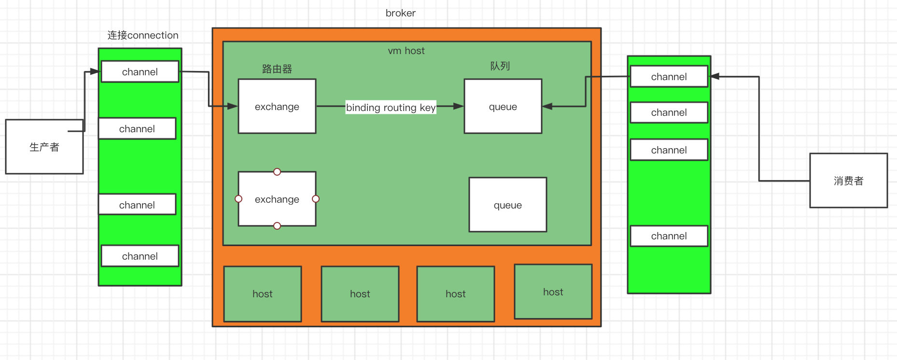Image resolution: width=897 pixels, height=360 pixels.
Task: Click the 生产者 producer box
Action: tap(44, 147)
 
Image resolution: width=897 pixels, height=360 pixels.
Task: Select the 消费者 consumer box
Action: tap(848, 180)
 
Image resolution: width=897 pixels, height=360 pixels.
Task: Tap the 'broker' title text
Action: tap(400, 13)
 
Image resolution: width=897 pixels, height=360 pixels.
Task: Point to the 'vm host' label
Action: tap(406, 51)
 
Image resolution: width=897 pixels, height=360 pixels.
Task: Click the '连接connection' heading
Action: tap(143, 35)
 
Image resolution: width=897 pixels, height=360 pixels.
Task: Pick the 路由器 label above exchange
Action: tap(277, 69)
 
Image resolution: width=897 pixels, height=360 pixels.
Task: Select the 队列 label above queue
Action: tap(500, 66)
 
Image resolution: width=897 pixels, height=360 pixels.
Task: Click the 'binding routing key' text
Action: tap(391, 107)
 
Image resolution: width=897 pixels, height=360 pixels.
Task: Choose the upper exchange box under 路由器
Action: tap(277, 106)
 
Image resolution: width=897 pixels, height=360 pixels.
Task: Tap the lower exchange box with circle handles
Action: tap(277, 199)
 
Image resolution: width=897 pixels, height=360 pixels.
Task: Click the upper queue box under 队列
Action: tap(503, 106)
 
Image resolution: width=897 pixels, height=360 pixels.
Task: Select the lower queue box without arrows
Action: tap(507, 205)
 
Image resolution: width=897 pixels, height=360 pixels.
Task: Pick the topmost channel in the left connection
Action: tap(140, 72)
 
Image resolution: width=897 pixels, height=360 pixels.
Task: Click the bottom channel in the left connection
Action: tap(140, 256)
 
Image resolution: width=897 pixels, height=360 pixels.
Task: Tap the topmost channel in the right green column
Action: tap(669, 77)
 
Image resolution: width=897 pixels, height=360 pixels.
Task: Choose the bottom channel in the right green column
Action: tap(669, 236)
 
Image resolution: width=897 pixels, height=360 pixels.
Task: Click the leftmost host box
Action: tap(263, 293)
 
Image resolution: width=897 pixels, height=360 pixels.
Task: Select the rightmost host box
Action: tap(553, 291)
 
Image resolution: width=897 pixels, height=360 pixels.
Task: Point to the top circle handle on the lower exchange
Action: tap(277, 172)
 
